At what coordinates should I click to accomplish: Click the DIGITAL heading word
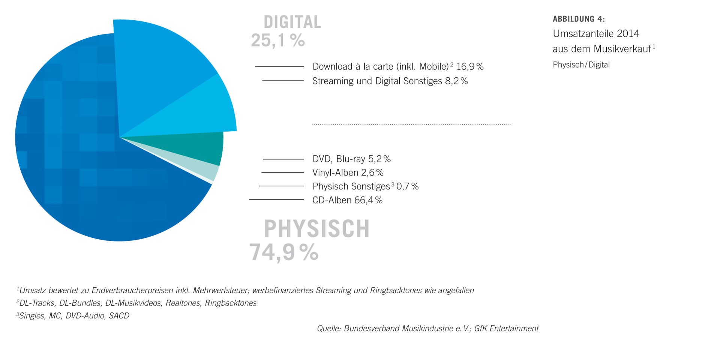click(x=292, y=22)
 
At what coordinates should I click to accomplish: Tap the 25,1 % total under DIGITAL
click(x=277, y=40)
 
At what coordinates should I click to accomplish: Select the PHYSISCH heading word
click(x=316, y=229)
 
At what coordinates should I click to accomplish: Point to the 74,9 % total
click(x=284, y=252)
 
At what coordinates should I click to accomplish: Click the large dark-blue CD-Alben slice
click(x=94, y=169)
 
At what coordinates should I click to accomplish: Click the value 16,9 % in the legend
click(x=470, y=67)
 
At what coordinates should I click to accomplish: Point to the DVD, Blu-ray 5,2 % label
click(x=351, y=159)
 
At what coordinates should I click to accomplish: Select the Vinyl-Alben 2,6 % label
click(x=348, y=173)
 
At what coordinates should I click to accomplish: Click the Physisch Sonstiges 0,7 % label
click(x=365, y=186)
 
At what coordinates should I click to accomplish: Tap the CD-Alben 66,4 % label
click(x=347, y=200)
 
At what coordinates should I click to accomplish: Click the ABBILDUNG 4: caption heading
click(x=579, y=19)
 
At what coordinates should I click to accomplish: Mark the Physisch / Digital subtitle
click(x=581, y=65)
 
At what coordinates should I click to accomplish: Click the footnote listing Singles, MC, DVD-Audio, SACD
click(x=73, y=316)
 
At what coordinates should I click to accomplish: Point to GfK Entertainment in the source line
click(x=506, y=328)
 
